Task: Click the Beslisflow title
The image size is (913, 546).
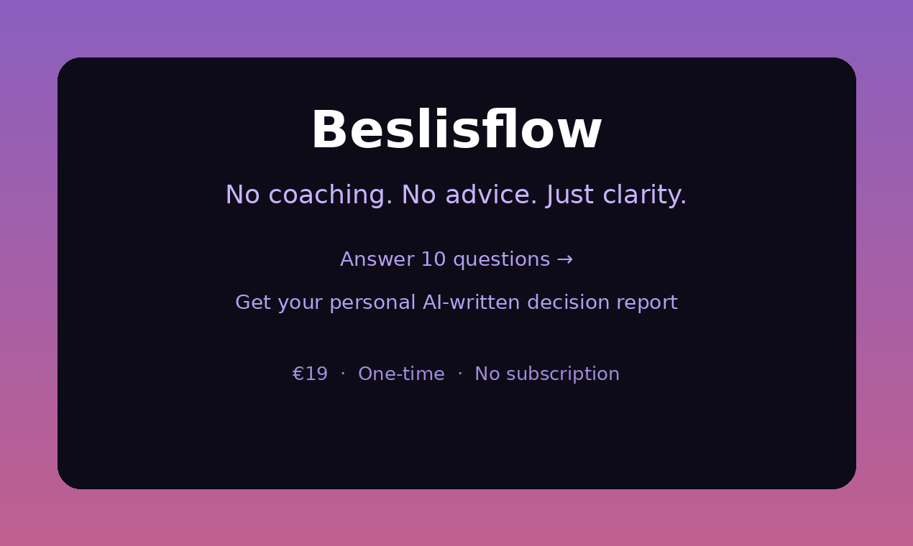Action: pos(456,131)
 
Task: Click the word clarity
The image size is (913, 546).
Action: pos(644,195)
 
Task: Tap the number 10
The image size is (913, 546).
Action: pos(433,259)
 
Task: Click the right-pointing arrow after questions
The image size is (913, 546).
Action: pos(565,259)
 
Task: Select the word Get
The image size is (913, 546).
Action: pos(252,302)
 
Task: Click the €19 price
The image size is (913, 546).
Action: pos(310,374)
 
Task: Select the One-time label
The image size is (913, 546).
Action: pos(401,374)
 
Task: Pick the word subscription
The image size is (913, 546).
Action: pos(565,374)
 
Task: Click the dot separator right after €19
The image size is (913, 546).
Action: pos(343,374)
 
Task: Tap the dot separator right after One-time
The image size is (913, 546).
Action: pos(460,374)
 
